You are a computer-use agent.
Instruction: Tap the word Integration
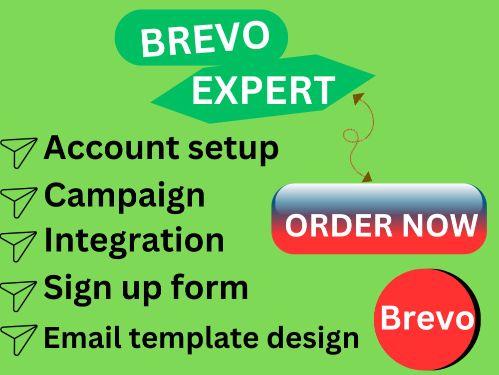tap(134, 240)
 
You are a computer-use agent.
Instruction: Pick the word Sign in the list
tap(75, 287)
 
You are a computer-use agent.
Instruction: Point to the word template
tap(181, 338)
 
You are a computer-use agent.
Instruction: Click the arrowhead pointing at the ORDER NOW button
tap(367, 176)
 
